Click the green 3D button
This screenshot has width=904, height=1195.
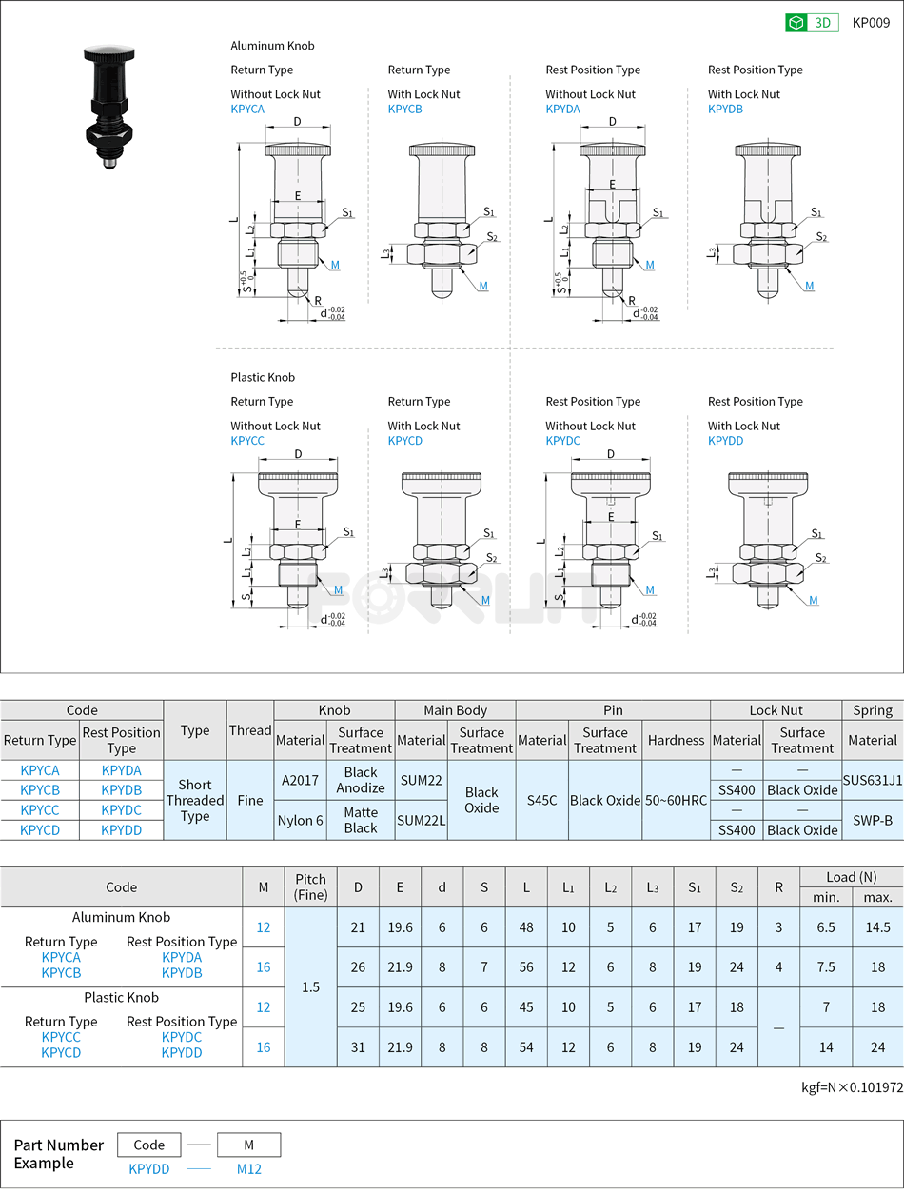[811, 23]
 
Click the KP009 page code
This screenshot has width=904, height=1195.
[871, 23]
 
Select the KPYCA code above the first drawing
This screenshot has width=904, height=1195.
[247, 110]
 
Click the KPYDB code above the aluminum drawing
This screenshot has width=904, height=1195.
[725, 110]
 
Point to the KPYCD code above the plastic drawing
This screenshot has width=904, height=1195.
[405, 441]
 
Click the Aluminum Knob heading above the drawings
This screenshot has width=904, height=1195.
[272, 46]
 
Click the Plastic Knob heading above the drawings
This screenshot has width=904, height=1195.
[263, 377]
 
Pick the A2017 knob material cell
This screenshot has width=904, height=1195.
[300, 780]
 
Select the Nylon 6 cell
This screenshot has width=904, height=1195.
[300, 820]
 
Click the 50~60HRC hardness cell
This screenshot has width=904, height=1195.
[676, 800]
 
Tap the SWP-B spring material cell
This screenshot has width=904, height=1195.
[873, 820]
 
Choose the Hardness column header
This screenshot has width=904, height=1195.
[676, 740]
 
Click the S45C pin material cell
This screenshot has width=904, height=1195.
[541, 800]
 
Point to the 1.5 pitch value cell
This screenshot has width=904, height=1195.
[311, 986]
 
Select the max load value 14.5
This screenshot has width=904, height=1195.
[877, 926]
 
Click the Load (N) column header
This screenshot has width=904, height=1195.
[852, 877]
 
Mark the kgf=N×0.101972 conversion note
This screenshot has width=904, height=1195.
[852, 1087]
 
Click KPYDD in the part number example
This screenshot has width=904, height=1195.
[149, 1169]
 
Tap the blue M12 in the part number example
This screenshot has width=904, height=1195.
[249, 1169]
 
